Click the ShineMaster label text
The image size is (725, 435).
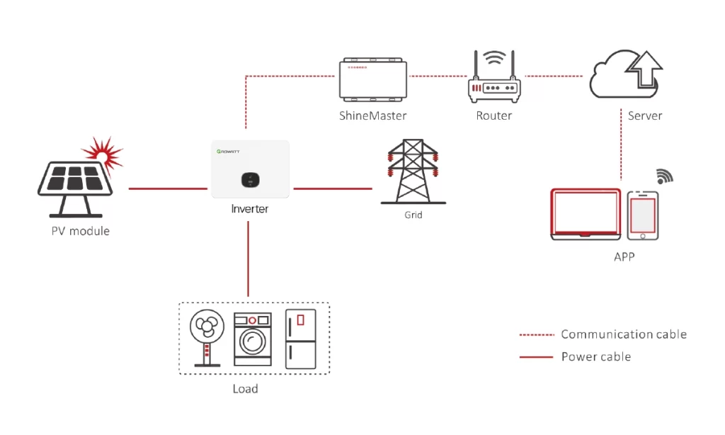click(372, 115)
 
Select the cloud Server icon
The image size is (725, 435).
click(626, 74)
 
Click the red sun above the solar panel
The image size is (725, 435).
click(103, 154)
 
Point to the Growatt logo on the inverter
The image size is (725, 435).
click(228, 152)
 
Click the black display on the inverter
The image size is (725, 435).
click(250, 180)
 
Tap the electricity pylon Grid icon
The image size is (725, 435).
click(413, 171)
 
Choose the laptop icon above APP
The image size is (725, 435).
click(586, 214)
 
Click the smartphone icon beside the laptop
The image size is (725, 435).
click(643, 215)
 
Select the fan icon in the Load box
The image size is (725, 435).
click(207, 338)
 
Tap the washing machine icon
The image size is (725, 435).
click(253, 339)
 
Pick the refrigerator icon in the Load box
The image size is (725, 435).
click(300, 339)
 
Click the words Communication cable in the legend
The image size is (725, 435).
click(624, 334)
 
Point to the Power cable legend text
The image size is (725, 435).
click(596, 357)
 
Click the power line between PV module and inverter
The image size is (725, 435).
click(168, 189)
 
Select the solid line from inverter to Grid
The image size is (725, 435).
click(333, 189)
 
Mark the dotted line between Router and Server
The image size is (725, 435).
click(554, 76)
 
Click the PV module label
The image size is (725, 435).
click(81, 232)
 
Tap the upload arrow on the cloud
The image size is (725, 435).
click(644, 69)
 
